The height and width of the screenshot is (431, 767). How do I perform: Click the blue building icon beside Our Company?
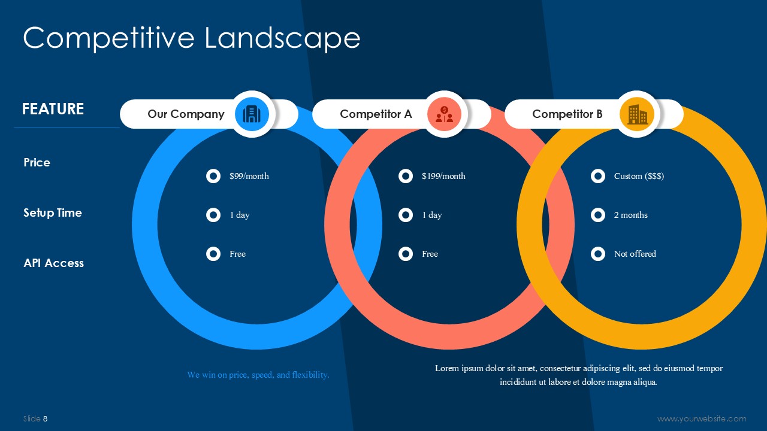pos(252,114)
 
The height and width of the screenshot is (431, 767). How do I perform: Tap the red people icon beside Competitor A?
pos(444,114)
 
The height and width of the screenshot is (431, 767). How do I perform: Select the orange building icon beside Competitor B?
pos(637,114)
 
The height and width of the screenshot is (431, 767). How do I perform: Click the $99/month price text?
pos(249,176)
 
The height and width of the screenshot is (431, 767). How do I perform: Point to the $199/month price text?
pos(443,176)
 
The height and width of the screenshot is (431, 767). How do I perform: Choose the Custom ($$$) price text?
pos(639,176)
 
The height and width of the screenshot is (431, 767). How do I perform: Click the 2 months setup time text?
pos(631,215)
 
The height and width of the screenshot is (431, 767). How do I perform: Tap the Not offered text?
pos(635,254)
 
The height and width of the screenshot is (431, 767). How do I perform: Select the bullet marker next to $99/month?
pos(213,176)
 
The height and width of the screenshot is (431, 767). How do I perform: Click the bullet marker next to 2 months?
pos(598,215)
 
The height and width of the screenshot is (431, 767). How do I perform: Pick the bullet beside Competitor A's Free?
pos(406,254)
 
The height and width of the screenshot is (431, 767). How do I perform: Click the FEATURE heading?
pos(53,109)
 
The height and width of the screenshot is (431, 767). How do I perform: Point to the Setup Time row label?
pos(53,213)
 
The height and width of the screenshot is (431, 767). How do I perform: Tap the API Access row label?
pos(54,263)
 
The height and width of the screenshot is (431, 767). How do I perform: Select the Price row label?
pos(37,162)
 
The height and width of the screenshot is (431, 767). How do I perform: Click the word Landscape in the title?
pos(282,38)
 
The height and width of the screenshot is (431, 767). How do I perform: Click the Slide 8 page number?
pos(35,418)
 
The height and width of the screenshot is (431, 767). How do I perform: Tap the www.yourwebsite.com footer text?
pos(702,418)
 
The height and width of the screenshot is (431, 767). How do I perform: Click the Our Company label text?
pos(186,114)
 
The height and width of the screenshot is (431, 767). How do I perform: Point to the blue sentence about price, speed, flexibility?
pos(258,375)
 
